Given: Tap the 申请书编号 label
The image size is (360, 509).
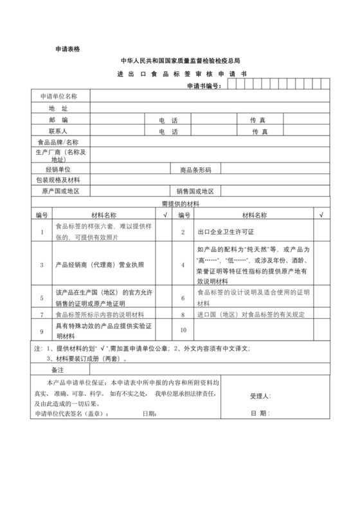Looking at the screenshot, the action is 204,85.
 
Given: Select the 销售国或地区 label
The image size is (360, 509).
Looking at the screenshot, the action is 195,192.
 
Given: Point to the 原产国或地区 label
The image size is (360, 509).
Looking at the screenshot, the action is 60,192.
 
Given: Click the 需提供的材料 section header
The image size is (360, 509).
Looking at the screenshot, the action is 180,203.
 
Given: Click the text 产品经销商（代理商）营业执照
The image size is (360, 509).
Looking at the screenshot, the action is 100,264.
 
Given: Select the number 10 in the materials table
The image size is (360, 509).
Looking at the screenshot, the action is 183,330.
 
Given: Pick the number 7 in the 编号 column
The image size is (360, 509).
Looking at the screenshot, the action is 42,314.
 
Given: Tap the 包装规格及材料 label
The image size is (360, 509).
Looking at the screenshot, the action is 59,180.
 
